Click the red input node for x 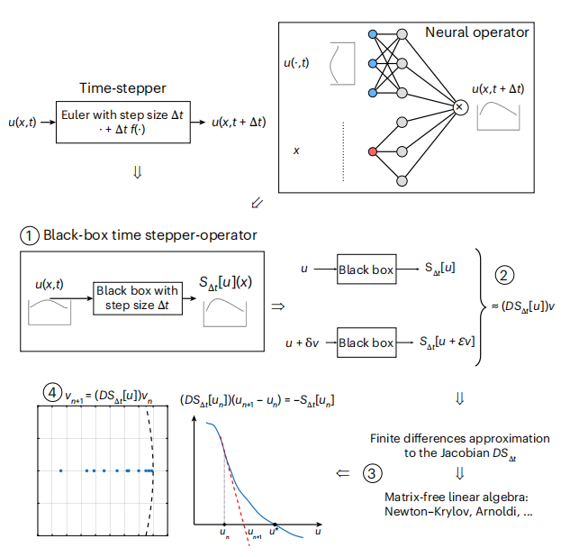point(373,151)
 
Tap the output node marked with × point(460,107)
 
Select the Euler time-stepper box point(123,122)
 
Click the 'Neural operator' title point(477,32)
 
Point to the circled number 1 point(29,236)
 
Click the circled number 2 point(504,275)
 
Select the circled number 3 point(372,473)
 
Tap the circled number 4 point(52,393)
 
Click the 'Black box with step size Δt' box point(138,298)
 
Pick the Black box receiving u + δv point(366,342)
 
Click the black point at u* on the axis point(275,525)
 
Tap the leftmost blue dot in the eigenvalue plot point(60,470)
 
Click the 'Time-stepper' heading point(122,87)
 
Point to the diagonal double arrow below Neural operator point(257,203)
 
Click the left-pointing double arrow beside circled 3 point(342,473)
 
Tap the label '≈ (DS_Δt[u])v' point(523,306)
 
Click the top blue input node point(373,34)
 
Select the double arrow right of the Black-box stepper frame point(278,306)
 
